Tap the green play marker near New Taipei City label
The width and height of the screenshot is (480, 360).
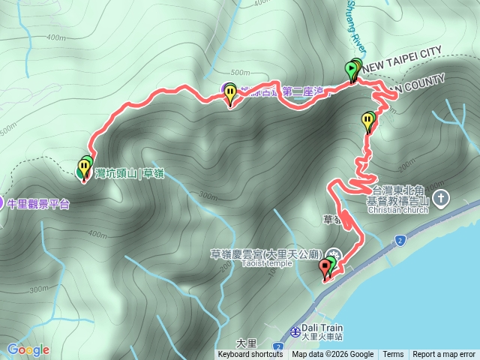(352, 70)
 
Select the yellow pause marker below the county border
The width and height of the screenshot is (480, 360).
(368, 119)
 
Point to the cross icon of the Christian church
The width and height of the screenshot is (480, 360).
(442, 198)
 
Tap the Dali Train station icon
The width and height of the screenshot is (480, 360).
(294, 329)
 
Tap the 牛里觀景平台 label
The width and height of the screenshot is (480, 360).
(38, 204)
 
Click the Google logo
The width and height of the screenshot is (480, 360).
(28, 349)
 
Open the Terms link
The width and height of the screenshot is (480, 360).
(393, 355)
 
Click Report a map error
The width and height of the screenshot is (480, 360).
(444, 355)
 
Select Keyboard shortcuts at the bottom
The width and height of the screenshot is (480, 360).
(250, 355)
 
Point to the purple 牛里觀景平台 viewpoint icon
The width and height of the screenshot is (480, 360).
(4, 203)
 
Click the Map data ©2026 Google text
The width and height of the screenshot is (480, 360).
(333, 355)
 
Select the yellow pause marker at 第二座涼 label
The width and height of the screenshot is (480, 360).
(230, 94)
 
